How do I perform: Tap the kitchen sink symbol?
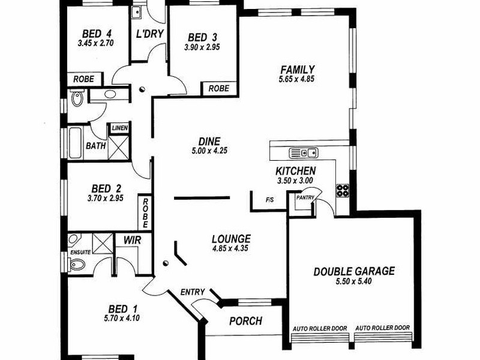304,153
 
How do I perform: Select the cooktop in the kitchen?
343,190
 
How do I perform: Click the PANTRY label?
305,198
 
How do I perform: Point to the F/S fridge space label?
269,200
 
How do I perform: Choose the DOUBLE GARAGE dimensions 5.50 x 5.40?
353,281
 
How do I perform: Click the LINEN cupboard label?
119,128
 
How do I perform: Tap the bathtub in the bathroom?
75,143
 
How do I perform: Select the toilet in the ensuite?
77,265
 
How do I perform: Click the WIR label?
133,240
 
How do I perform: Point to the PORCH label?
246,321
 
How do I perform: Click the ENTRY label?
192,292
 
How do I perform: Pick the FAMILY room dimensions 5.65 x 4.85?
296,79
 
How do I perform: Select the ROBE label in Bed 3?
218,88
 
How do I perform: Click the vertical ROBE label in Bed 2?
145,213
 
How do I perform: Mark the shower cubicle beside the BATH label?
119,148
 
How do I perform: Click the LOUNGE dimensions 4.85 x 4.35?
230,248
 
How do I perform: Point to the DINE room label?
209,141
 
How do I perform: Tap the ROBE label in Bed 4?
83,79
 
